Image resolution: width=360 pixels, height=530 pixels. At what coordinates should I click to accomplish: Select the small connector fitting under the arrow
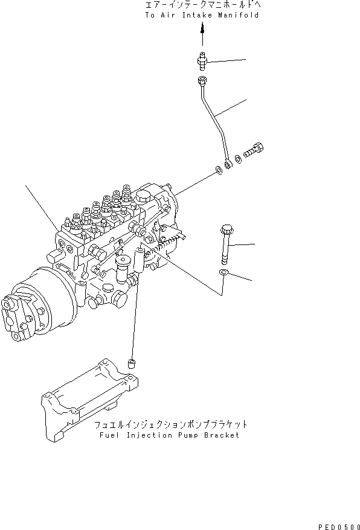point(203,60)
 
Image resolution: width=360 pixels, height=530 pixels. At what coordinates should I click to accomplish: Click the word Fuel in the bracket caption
point(104,435)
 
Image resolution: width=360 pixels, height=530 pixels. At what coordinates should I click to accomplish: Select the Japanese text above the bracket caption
point(170,424)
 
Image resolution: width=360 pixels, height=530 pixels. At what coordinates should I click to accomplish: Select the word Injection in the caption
point(147,435)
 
